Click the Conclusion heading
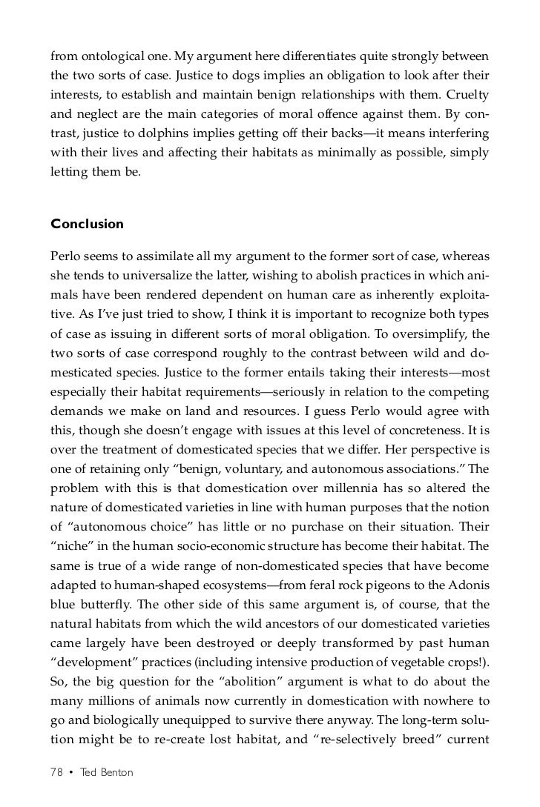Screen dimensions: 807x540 point(87,223)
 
